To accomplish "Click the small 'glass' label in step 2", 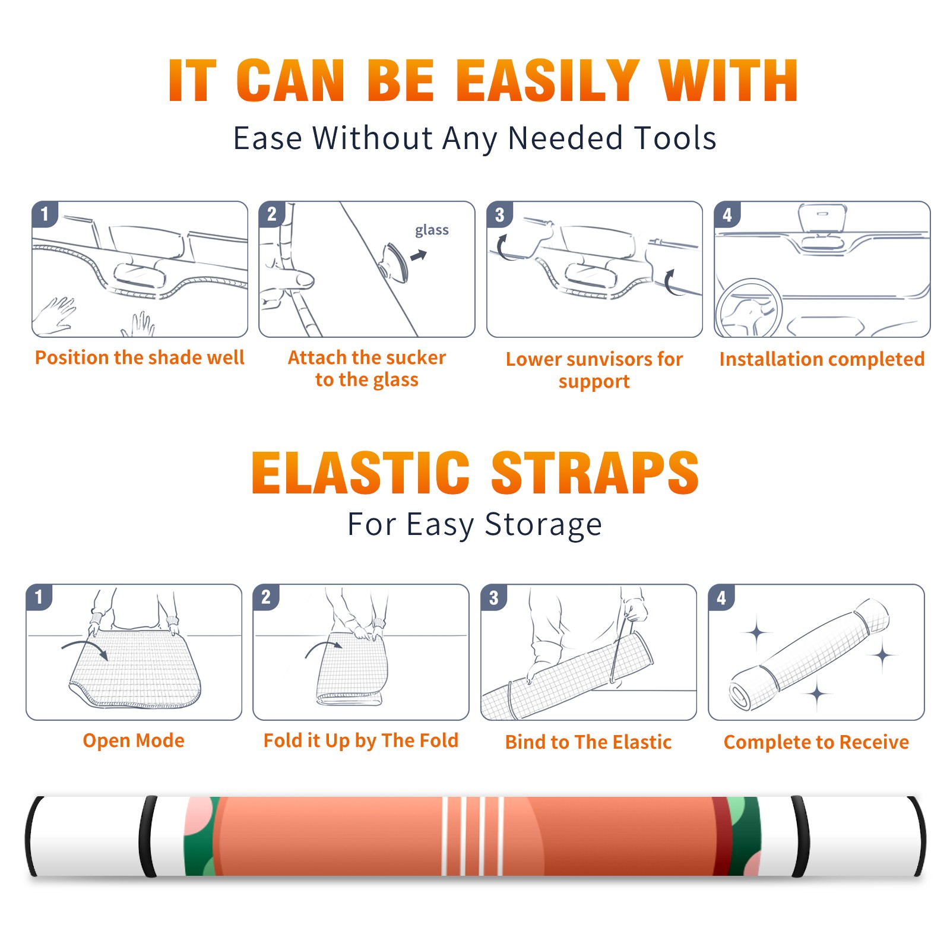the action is [432, 230].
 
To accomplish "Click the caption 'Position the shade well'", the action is [140, 357].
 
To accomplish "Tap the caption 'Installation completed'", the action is [822, 359].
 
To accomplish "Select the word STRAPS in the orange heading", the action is [595, 473].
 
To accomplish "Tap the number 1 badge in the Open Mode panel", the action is [39, 597].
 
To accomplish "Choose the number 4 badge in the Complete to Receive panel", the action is [721, 597].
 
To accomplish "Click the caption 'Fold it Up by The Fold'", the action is [361, 740].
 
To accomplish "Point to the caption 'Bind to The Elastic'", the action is [588, 742].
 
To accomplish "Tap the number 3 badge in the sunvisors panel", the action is [499, 214].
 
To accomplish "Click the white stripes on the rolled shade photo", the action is [473, 836].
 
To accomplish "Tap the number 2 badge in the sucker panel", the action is [272, 214].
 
